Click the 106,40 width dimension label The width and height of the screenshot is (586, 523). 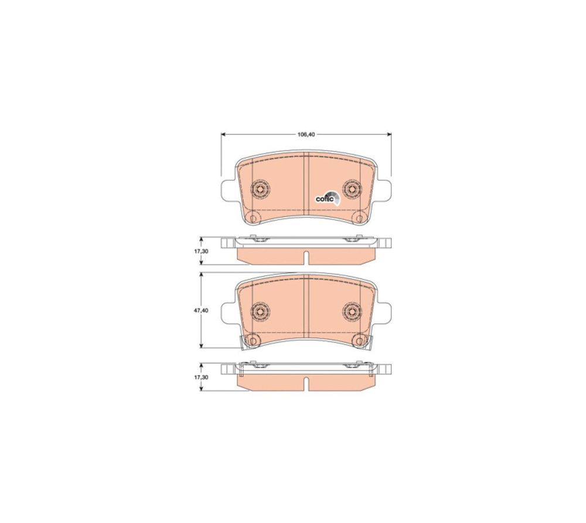click(306, 134)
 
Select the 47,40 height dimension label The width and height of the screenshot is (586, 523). click(200, 311)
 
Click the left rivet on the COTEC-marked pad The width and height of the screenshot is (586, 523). click(261, 189)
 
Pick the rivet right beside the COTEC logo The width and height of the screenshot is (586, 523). click(352, 189)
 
